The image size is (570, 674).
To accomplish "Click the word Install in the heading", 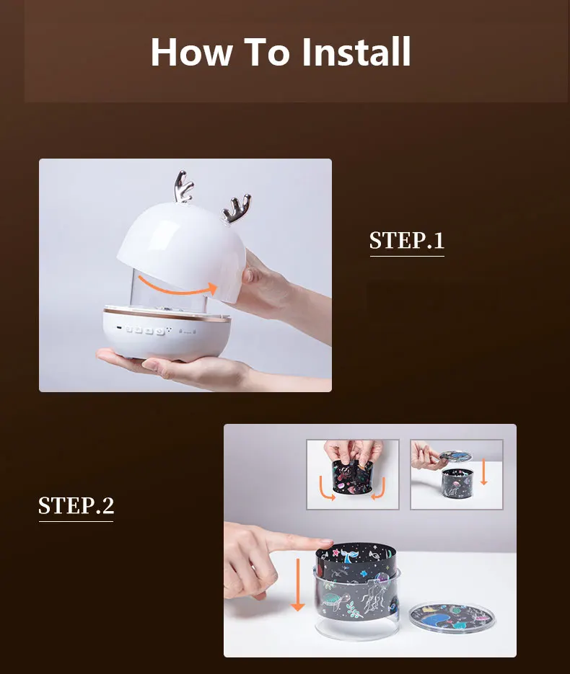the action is click(x=356, y=52).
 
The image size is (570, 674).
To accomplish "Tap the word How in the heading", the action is click(x=192, y=52).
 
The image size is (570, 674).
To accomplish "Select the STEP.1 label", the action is click(x=406, y=240).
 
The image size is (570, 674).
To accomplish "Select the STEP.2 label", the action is click(x=76, y=505).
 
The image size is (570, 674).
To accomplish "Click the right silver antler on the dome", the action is click(x=237, y=208).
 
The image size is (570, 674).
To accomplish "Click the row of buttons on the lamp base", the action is click(x=144, y=330).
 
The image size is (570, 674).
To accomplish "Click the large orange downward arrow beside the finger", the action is click(x=297, y=584).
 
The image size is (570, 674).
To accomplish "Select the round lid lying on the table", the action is click(x=452, y=616).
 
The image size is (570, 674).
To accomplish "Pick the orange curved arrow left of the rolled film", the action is click(x=326, y=489).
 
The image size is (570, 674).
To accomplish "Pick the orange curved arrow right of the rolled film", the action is click(x=379, y=489).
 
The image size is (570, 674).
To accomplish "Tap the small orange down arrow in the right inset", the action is click(x=483, y=471).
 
